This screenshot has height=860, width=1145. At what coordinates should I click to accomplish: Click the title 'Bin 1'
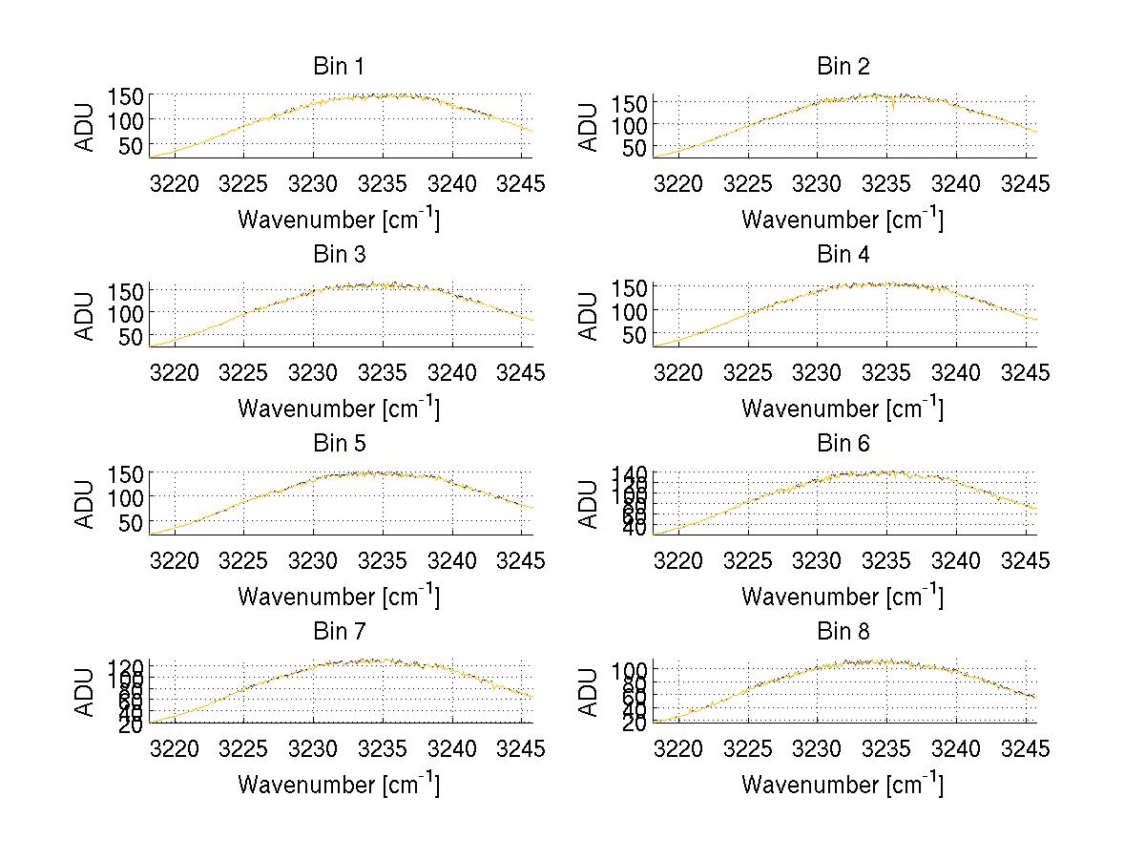(338, 67)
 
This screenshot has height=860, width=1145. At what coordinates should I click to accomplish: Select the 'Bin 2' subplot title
(843, 67)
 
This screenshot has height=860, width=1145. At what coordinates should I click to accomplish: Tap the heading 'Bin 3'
(338, 255)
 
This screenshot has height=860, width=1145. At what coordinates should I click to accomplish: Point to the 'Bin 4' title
(843, 255)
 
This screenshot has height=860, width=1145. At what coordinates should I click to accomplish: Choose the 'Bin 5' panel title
(338, 444)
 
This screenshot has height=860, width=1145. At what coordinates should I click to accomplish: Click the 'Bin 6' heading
(843, 444)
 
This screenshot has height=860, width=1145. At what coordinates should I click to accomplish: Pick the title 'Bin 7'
(338, 632)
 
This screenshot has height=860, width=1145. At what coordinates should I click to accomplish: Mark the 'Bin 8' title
(843, 632)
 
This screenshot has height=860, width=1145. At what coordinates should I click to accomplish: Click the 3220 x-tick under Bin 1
(176, 184)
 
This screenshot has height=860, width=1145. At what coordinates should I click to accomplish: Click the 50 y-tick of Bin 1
(132, 145)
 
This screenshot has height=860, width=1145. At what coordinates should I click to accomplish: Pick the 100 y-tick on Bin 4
(630, 311)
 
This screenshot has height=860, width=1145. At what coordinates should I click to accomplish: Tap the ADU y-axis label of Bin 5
(86, 504)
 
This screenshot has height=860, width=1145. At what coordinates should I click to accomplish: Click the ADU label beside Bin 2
(590, 127)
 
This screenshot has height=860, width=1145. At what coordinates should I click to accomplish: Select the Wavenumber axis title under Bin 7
(338, 785)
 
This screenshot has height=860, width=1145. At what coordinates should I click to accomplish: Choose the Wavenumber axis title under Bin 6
(843, 597)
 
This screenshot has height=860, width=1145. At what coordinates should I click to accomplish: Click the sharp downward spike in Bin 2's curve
(893, 107)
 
